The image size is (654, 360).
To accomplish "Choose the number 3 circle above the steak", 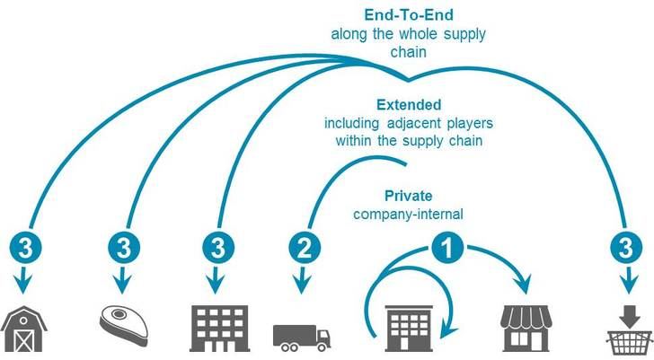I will [x=123, y=248].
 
